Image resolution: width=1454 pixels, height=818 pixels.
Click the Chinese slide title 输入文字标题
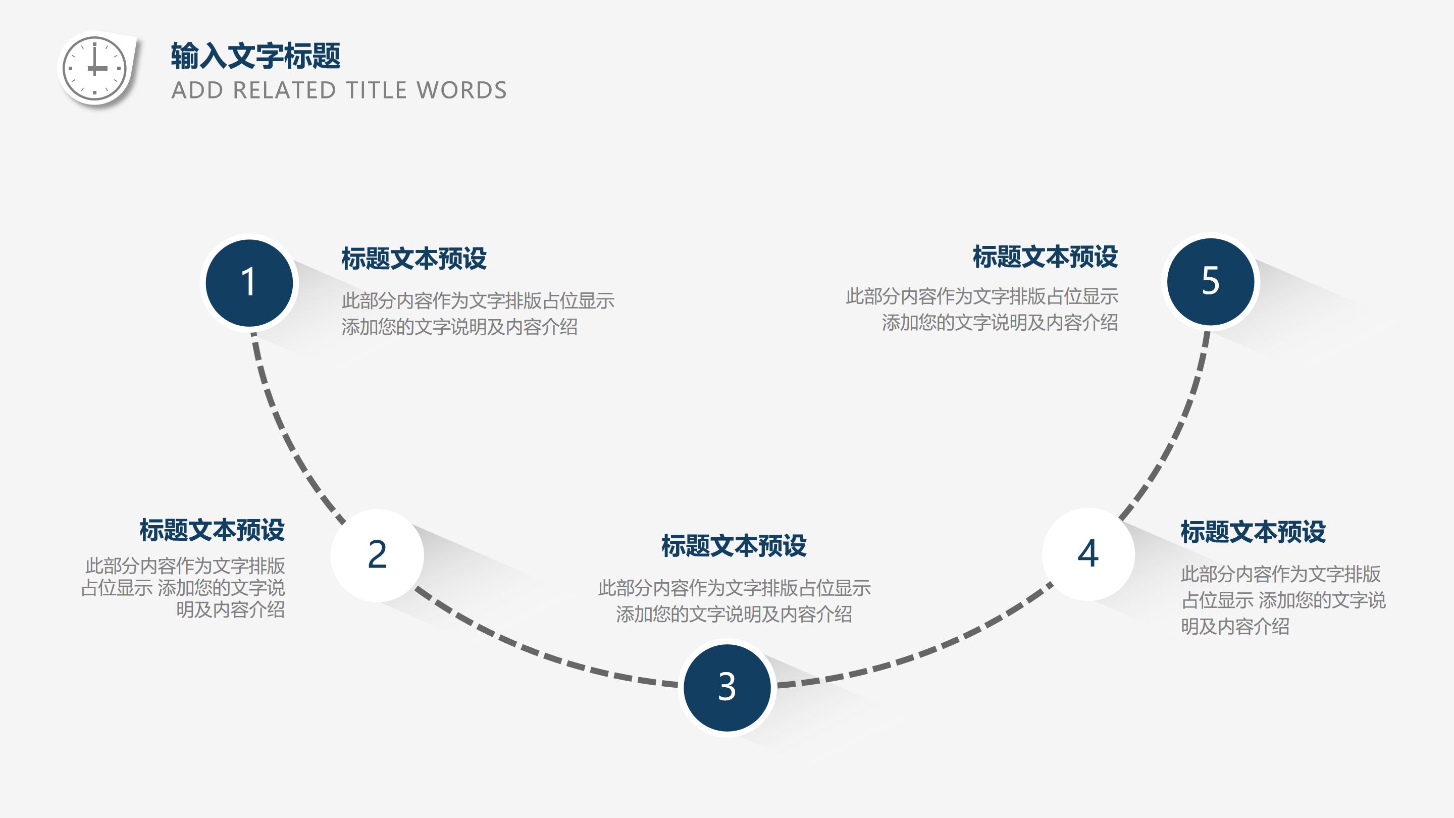[255, 56]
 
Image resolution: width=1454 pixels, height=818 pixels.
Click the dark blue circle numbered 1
[249, 282]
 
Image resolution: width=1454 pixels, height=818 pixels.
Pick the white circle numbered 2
[377, 555]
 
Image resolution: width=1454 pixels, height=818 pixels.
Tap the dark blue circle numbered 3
[726, 687]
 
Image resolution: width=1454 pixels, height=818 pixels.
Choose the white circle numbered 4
[1087, 554]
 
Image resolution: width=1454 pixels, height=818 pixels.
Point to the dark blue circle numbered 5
[1210, 281]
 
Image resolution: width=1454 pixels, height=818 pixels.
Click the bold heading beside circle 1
[414, 259]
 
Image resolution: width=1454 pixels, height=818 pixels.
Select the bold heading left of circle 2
[212, 530]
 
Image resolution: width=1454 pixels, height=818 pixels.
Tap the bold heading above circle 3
[734, 545]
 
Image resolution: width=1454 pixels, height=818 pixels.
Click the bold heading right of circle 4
[1253, 532]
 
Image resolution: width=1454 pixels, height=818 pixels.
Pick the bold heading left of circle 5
[1045, 257]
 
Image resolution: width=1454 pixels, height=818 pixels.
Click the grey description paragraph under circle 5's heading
[982, 310]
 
